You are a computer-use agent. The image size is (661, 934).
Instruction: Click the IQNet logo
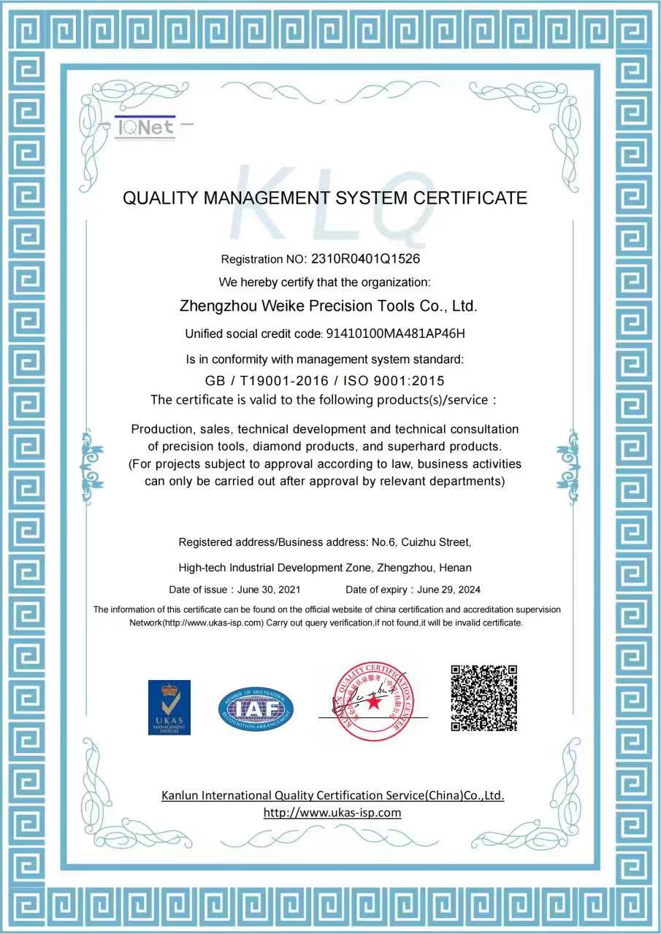click(146, 128)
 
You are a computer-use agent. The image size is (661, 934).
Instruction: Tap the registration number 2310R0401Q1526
click(365, 258)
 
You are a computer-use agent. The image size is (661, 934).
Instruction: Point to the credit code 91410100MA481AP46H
click(395, 333)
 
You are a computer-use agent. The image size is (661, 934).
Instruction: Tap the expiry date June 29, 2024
click(449, 590)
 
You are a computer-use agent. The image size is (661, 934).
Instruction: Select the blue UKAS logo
click(169, 707)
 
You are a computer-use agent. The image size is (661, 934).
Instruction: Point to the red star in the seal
click(374, 702)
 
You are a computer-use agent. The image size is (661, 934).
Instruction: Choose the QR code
click(484, 698)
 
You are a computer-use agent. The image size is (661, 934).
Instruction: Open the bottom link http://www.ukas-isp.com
click(332, 813)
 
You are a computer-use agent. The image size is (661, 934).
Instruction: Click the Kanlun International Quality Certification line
click(332, 795)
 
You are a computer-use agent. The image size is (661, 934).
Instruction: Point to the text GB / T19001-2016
click(266, 380)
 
